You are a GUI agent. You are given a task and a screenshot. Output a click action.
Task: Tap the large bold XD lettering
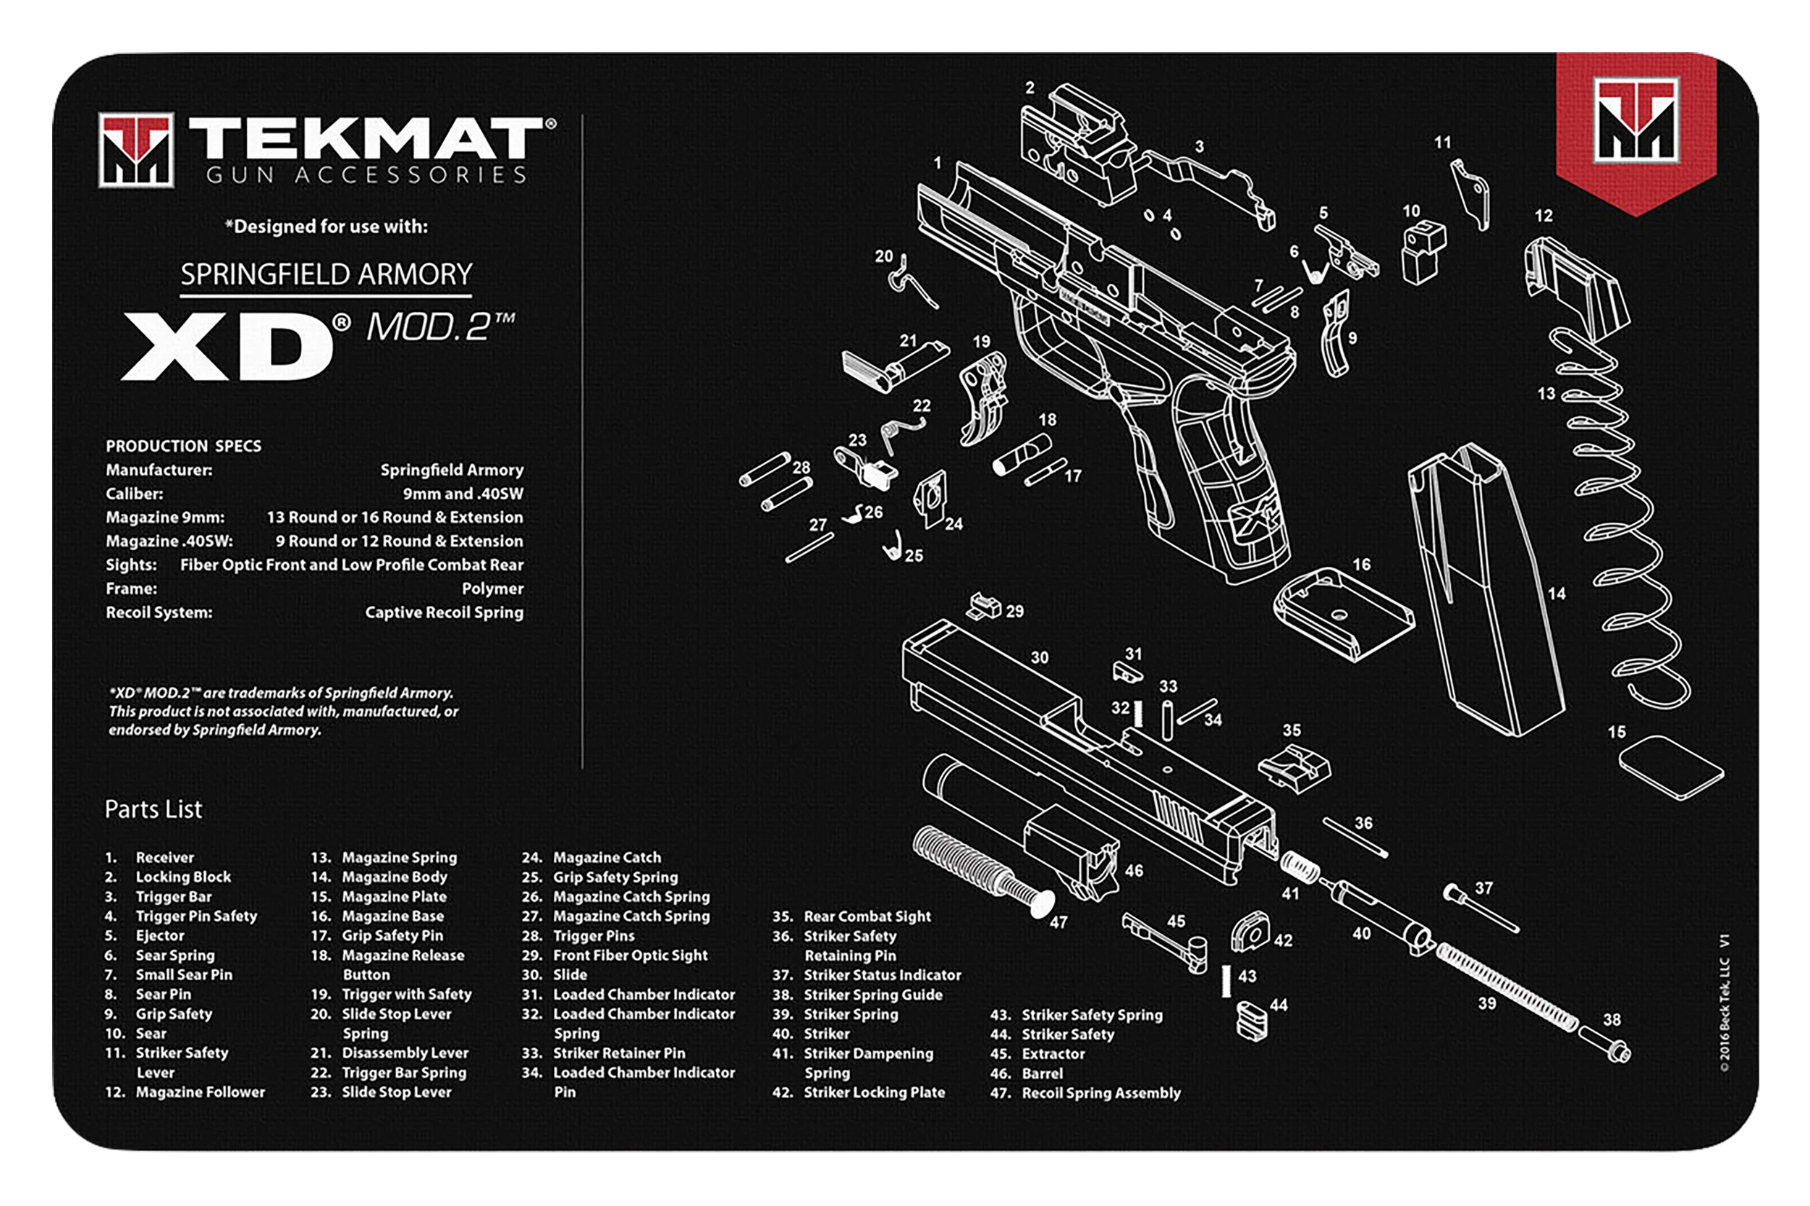tap(227, 346)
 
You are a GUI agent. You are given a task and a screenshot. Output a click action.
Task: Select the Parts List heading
tap(153, 809)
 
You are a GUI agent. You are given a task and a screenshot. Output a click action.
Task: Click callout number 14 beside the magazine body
tap(1556, 593)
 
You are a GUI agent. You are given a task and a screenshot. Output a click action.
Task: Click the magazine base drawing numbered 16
tap(1343, 613)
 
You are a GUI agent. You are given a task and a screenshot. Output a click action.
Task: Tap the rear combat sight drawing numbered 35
tap(1295, 766)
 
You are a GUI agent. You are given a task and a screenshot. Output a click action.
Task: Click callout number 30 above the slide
tap(1039, 657)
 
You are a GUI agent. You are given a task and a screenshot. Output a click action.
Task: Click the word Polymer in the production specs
tap(492, 589)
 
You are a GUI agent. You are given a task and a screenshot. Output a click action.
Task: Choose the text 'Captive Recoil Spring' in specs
tap(444, 612)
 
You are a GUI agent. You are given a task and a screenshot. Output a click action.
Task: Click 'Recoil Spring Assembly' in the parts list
tap(1100, 1093)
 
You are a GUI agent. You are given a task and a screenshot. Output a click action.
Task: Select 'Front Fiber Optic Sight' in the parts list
tap(630, 956)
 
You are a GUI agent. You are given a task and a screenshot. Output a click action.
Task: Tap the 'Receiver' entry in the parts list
tap(164, 857)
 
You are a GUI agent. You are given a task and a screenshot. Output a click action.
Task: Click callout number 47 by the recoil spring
tap(1058, 922)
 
